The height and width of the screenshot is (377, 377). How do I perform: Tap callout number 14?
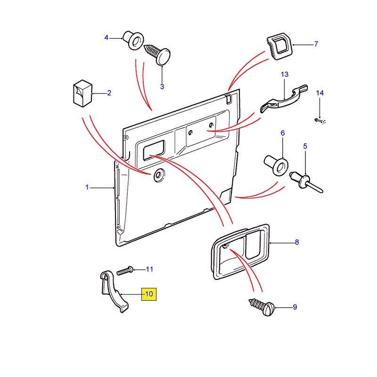tap(320, 93)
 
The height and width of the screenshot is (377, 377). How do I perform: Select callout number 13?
tap(284, 74)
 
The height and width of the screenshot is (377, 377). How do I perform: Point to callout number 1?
tap(87, 188)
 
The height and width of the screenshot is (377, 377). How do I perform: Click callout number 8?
tap(297, 243)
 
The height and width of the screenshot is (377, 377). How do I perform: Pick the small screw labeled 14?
tap(320, 121)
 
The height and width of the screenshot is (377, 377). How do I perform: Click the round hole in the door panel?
tap(157, 175)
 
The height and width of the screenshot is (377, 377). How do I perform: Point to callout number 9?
tap(295, 307)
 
